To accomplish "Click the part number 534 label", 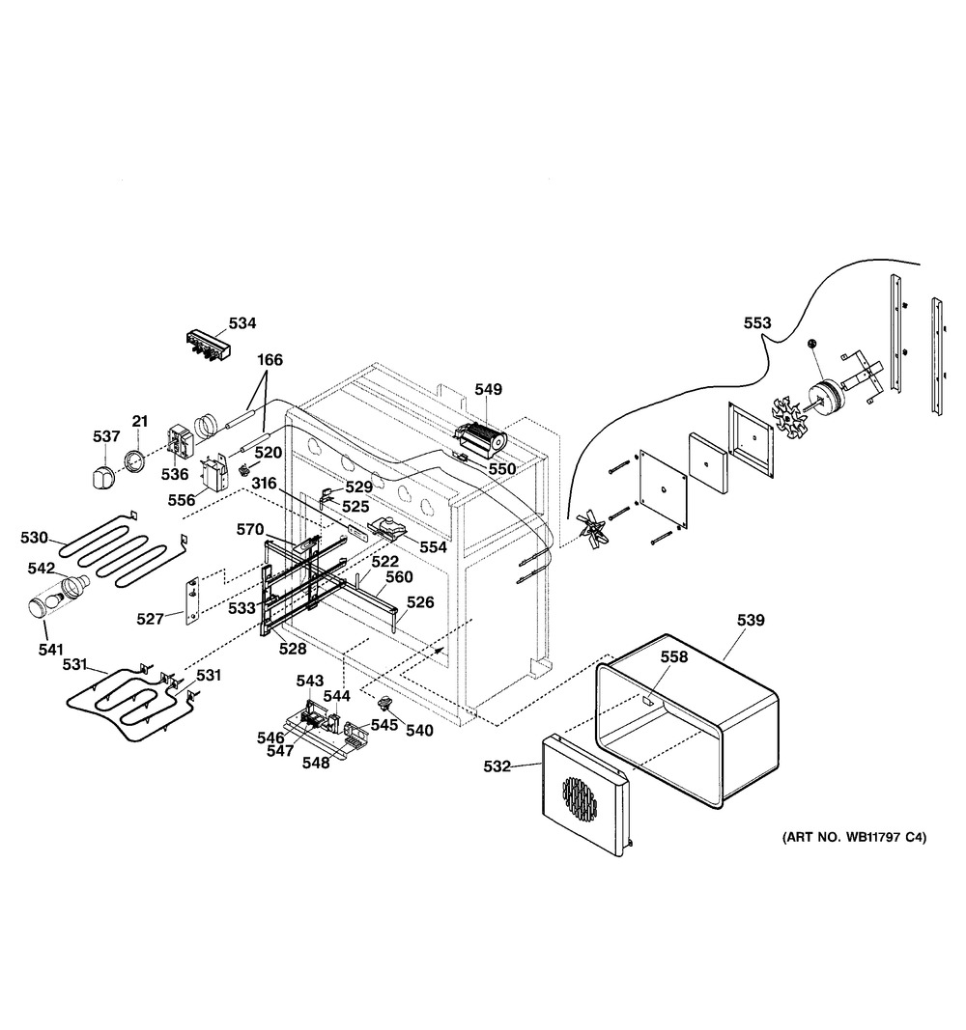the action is click(x=242, y=323).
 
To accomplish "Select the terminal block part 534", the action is click(x=208, y=346).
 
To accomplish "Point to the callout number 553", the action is click(x=757, y=322).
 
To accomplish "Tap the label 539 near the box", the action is click(x=751, y=620).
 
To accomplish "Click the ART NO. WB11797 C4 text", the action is click(x=854, y=838).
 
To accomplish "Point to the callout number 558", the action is click(x=674, y=656).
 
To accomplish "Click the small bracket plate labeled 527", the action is click(x=192, y=601).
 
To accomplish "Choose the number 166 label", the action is click(x=270, y=360).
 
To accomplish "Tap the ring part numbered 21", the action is click(x=136, y=460).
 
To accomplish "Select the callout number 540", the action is click(x=420, y=731).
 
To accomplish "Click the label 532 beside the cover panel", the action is click(x=497, y=766).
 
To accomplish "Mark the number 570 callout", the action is click(x=250, y=529).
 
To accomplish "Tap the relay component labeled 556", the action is click(x=213, y=473).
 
